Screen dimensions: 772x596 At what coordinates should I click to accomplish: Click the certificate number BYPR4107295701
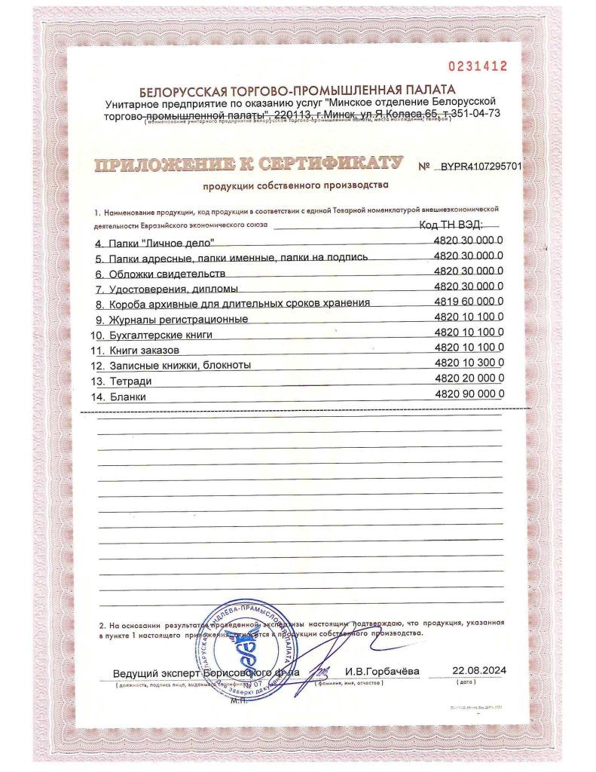[x=480, y=166]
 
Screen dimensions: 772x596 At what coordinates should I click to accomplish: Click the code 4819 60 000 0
[x=469, y=302]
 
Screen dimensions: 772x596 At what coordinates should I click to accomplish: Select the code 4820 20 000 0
[x=469, y=379]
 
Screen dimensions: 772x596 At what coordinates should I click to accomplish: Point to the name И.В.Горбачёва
[x=382, y=672]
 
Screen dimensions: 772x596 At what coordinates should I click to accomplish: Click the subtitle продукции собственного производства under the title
[x=295, y=185]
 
